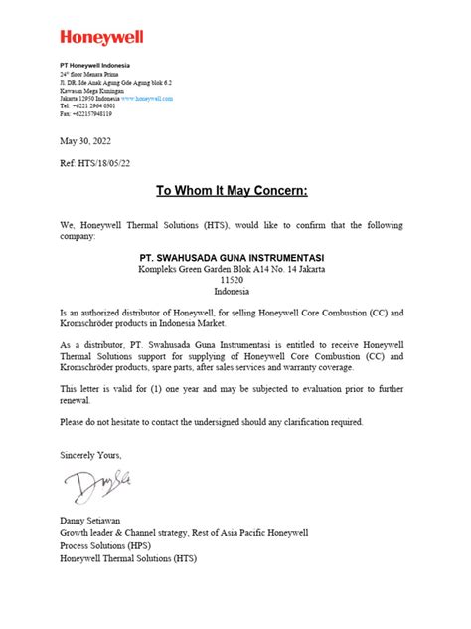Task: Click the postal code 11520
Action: [x=232, y=280]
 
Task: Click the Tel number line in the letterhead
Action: [x=86, y=107]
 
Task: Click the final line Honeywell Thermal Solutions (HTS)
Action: [x=128, y=557]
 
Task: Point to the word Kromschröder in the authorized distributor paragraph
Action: [x=88, y=324]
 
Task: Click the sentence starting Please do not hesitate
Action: [x=212, y=421]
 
